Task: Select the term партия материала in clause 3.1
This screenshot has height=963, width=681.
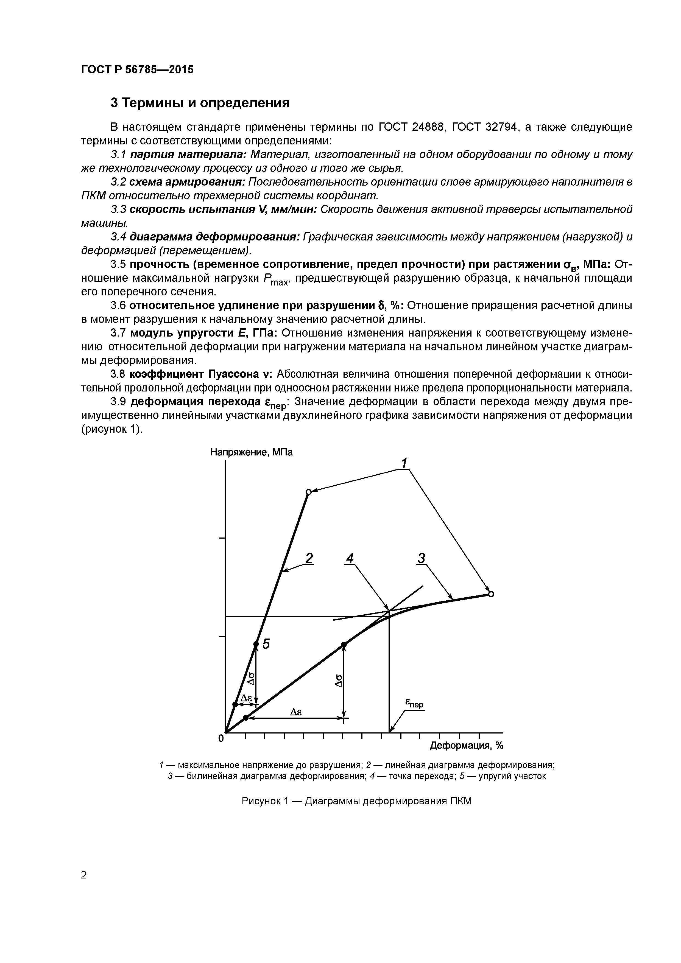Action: click(188, 155)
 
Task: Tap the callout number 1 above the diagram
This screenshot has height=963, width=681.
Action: click(404, 463)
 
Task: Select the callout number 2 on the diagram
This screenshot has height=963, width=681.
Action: click(309, 558)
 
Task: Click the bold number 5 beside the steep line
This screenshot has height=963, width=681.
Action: click(266, 643)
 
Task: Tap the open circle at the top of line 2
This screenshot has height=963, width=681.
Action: click(308, 492)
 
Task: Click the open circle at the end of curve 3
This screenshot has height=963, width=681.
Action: click(491, 594)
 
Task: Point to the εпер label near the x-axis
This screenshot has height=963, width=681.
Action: click(414, 703)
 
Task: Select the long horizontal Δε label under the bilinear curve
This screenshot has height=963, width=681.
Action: click(297, 712)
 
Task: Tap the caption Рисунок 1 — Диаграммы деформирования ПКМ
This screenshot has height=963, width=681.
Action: click(357, 801)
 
